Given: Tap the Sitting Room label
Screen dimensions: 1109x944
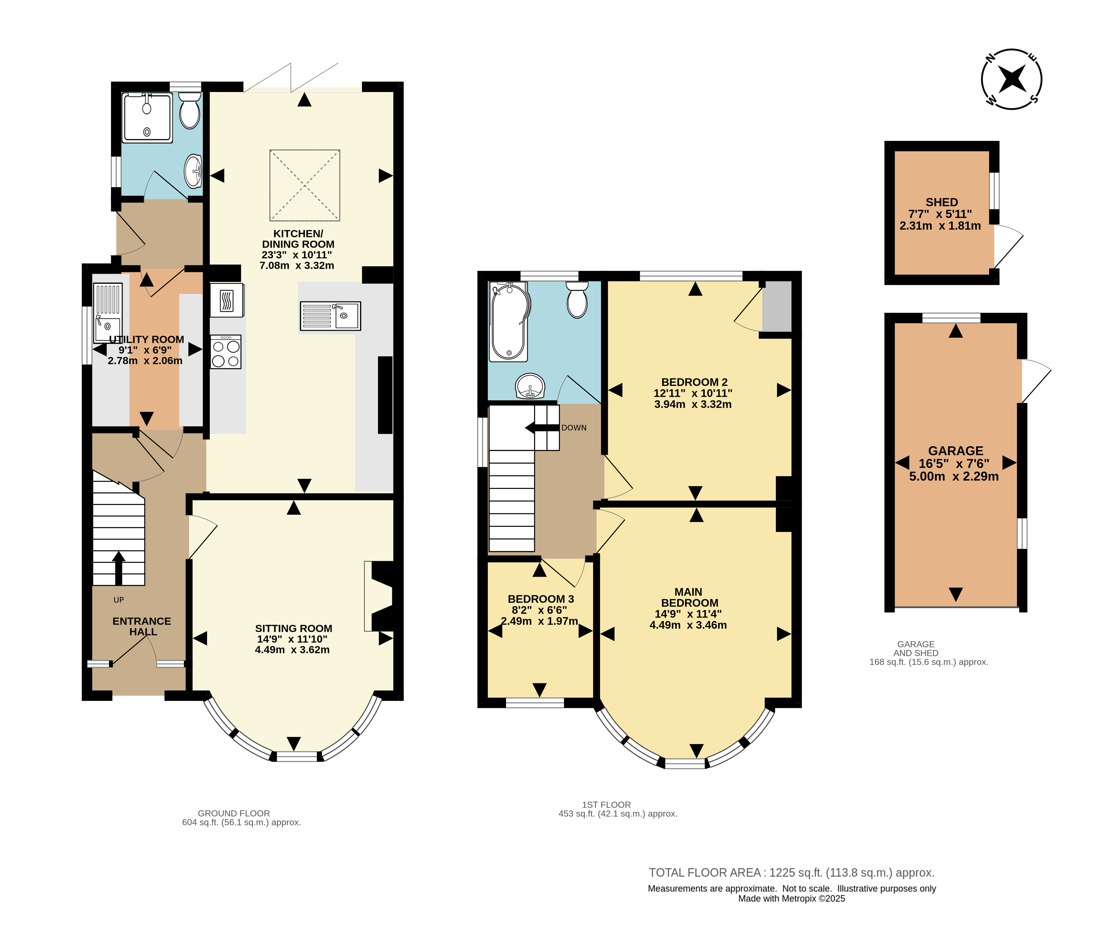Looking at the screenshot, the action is pyautogui.click(x=293, y=628).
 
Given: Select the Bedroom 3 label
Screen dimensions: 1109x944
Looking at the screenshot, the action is pyautogui.click(x=541, y=599).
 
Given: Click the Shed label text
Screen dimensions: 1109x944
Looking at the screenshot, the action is pyautogui.click(x=941, y=202).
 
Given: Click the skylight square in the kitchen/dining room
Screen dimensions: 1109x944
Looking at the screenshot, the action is pyautogui.click(x=305, y=185).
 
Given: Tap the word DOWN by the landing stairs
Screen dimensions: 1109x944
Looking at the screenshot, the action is pyautogui.click(x=574, y=428).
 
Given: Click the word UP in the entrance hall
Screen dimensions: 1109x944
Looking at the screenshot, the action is pyautogui.click(x=119, y=600).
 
